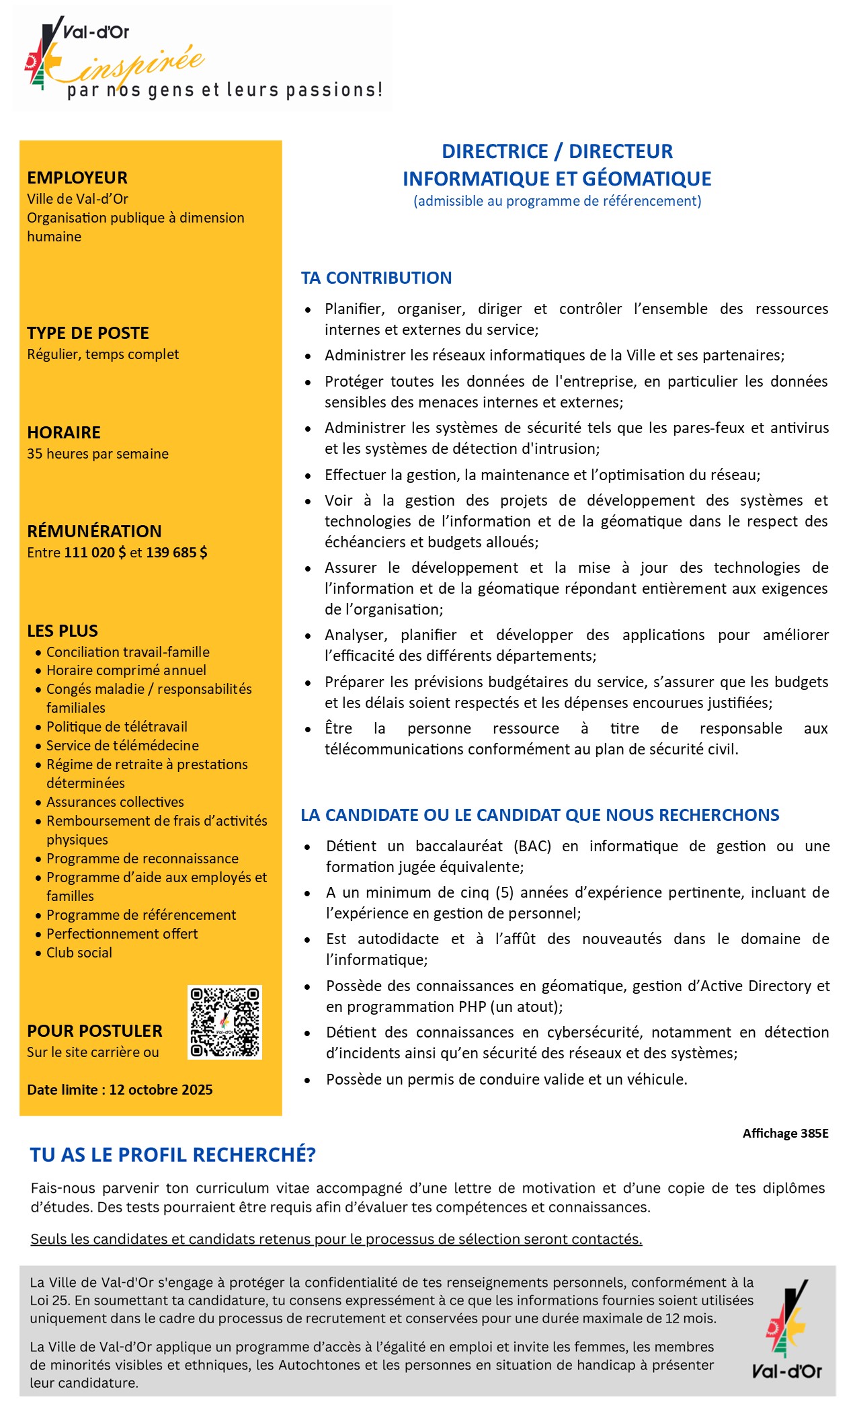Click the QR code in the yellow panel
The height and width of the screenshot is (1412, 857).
click(225, 1022)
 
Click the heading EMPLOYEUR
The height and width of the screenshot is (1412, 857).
click(77, 178)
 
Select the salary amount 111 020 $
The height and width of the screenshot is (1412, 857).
click(95, 553)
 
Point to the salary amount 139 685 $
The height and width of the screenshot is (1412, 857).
click(177, 553)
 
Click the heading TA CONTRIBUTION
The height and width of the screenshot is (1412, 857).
click(376, 278)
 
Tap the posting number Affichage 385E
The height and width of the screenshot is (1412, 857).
click(785, 1133)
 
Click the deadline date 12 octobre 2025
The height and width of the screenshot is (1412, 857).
click(161, 1089)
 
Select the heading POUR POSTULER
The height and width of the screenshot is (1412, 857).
click(95, 1031)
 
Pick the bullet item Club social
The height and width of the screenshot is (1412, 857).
click(79, 952)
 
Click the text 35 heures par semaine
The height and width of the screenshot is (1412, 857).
click(97, 454)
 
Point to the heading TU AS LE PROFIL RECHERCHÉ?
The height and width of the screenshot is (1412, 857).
click(173, 1155)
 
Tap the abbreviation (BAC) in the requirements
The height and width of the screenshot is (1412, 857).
click(532, 846)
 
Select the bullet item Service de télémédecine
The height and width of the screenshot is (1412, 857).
click(122, 745)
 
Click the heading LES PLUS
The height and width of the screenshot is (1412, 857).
click(63, 631)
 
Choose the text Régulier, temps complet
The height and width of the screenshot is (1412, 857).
click(103, 354)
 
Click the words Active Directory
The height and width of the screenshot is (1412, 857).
click(756, 986)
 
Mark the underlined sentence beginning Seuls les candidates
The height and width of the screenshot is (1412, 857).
click(336, 1239)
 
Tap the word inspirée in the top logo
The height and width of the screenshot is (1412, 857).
click(145, 64)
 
